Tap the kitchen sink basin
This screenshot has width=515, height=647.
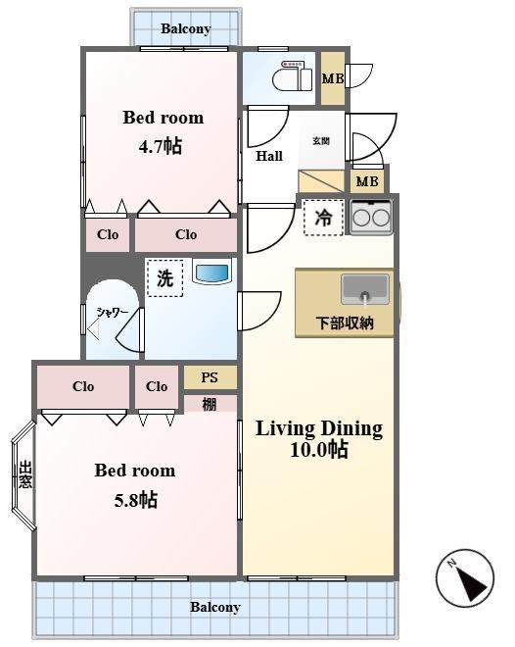tap(365, 289)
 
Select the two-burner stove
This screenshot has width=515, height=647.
tap(371, 217)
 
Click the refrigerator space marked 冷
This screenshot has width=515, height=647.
tap(323, 218)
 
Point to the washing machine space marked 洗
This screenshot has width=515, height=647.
tap(164, 278)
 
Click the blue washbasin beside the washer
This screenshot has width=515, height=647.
tap(212, 273)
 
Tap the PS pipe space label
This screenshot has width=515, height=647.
tap(210, 377)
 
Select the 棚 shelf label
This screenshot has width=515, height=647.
tap(210, 404)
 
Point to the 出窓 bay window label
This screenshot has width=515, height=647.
tap(25, 474)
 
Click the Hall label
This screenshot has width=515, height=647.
tap(269, 156)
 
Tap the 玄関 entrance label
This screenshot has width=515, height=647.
tap(321, 141)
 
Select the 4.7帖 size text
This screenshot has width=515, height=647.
tap(161, 146)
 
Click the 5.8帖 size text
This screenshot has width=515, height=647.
tap(135, 500)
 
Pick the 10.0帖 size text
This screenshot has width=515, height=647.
tap(319, 449)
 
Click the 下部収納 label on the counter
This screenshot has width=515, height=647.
tap(345, 323)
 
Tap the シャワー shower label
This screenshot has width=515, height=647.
tap(112, 313)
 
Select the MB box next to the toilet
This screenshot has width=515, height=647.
tap(333, 78)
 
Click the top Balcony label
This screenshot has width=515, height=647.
tap(186, 28)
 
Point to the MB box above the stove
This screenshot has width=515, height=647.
tap(367, 181)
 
